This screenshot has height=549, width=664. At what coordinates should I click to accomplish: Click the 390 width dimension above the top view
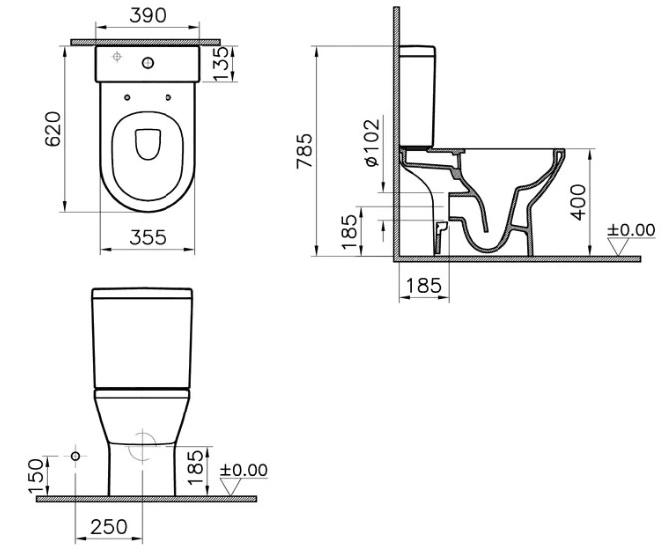pos(148,15)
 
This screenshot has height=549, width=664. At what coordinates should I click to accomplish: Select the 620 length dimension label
pos(53,129)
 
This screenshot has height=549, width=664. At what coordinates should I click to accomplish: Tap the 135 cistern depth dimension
pos(221,63)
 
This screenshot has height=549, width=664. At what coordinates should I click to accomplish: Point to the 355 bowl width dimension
pos(148,237)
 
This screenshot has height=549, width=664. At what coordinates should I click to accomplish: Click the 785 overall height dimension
pos(304,151)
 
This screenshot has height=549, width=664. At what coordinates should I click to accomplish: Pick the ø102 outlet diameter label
pos(372,142)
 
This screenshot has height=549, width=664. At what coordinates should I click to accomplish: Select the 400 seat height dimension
pos(578,202)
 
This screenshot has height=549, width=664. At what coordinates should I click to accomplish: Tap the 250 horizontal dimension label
pos(109,527)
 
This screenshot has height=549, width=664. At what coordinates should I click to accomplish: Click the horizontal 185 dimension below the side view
pos(424,286)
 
